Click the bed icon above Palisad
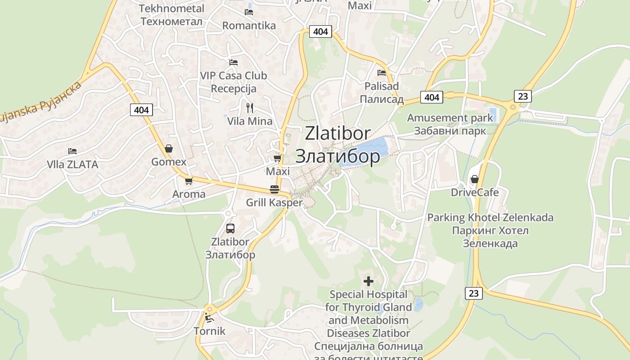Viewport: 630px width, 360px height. point(382,72)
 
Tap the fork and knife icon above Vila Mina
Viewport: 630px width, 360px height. point(250,108)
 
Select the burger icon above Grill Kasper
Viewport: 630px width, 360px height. point(274,189)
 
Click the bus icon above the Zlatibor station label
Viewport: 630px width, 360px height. point(230,228)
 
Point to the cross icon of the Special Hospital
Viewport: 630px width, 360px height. point(369,281)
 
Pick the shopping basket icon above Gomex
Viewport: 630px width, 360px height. point(169,148)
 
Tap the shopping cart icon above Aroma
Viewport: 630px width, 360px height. point(189,181)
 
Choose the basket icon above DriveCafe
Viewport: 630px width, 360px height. point(474,179)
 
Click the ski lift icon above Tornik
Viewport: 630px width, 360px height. point(209,318)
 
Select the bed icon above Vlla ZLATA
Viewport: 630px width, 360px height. point(72,151)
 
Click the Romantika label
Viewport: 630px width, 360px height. point(249,26)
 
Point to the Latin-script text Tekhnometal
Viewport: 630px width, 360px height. point(171,9)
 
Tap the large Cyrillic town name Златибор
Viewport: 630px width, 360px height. point(337,156)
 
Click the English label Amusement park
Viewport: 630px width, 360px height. point(450,118)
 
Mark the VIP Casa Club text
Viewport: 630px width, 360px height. point(234,76)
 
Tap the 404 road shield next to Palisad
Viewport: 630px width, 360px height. point(431,97)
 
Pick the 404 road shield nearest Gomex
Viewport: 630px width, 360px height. point(142,109)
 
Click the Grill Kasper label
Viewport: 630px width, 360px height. point(274,202)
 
